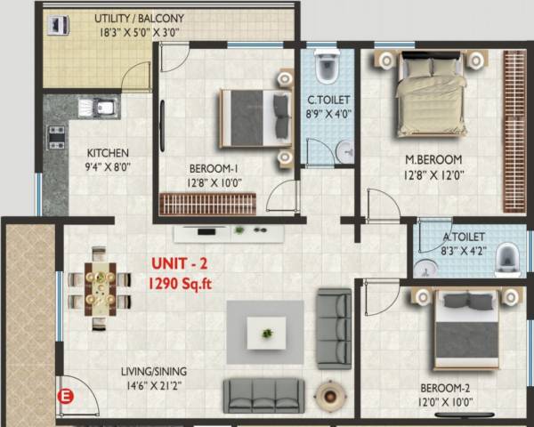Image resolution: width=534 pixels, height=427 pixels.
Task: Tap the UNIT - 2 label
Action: [181, 265]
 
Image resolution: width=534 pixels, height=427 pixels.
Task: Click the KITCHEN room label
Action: [108, 152]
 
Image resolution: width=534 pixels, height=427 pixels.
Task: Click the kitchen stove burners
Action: [56, 137]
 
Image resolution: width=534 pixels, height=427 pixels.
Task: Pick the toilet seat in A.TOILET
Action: [507, 256]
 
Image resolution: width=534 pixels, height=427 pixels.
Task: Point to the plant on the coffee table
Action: [267, 333]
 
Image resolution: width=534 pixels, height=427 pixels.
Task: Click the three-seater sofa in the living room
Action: [262, 393]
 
